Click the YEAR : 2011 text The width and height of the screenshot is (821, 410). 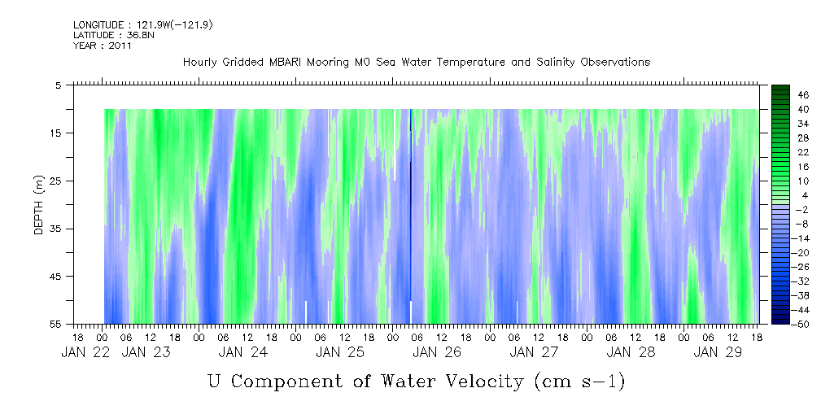click(103, 46)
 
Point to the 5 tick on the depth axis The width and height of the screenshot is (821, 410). click(59, 85)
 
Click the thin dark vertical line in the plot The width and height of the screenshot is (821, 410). click(411, 203)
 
